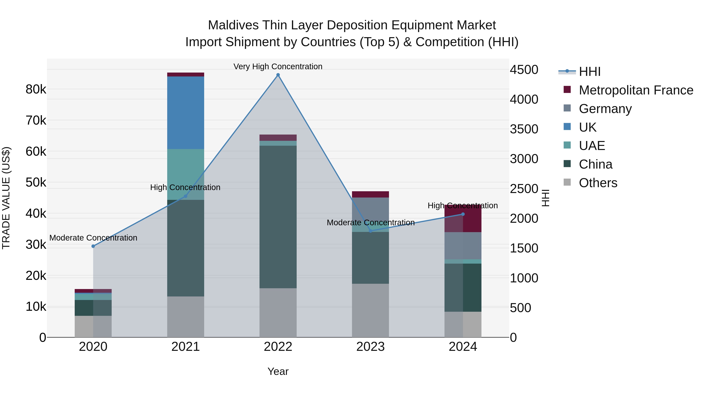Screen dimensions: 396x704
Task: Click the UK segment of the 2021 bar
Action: [186, 113]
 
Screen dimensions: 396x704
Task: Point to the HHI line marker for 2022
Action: [278, 75]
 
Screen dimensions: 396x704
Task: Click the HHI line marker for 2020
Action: [93, 246]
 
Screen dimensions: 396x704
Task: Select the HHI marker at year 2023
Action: [371, 231]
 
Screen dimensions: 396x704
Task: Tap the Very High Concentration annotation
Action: [278, 66]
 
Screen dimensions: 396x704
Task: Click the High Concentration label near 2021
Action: [185, 188]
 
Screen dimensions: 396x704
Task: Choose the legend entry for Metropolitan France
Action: [636, 90]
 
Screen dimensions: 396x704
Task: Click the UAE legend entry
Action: [592, 146]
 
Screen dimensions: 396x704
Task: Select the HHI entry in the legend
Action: [590, 72]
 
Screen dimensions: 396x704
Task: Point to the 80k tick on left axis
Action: [36, 89]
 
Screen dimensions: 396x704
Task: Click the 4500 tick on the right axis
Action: [524, 70]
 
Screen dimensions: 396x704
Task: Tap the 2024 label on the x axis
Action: [463, 347]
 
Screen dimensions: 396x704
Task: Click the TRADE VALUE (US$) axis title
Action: [6, 198]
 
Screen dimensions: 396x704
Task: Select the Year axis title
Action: [278, 371]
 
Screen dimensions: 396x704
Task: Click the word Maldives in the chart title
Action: [233, 25]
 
